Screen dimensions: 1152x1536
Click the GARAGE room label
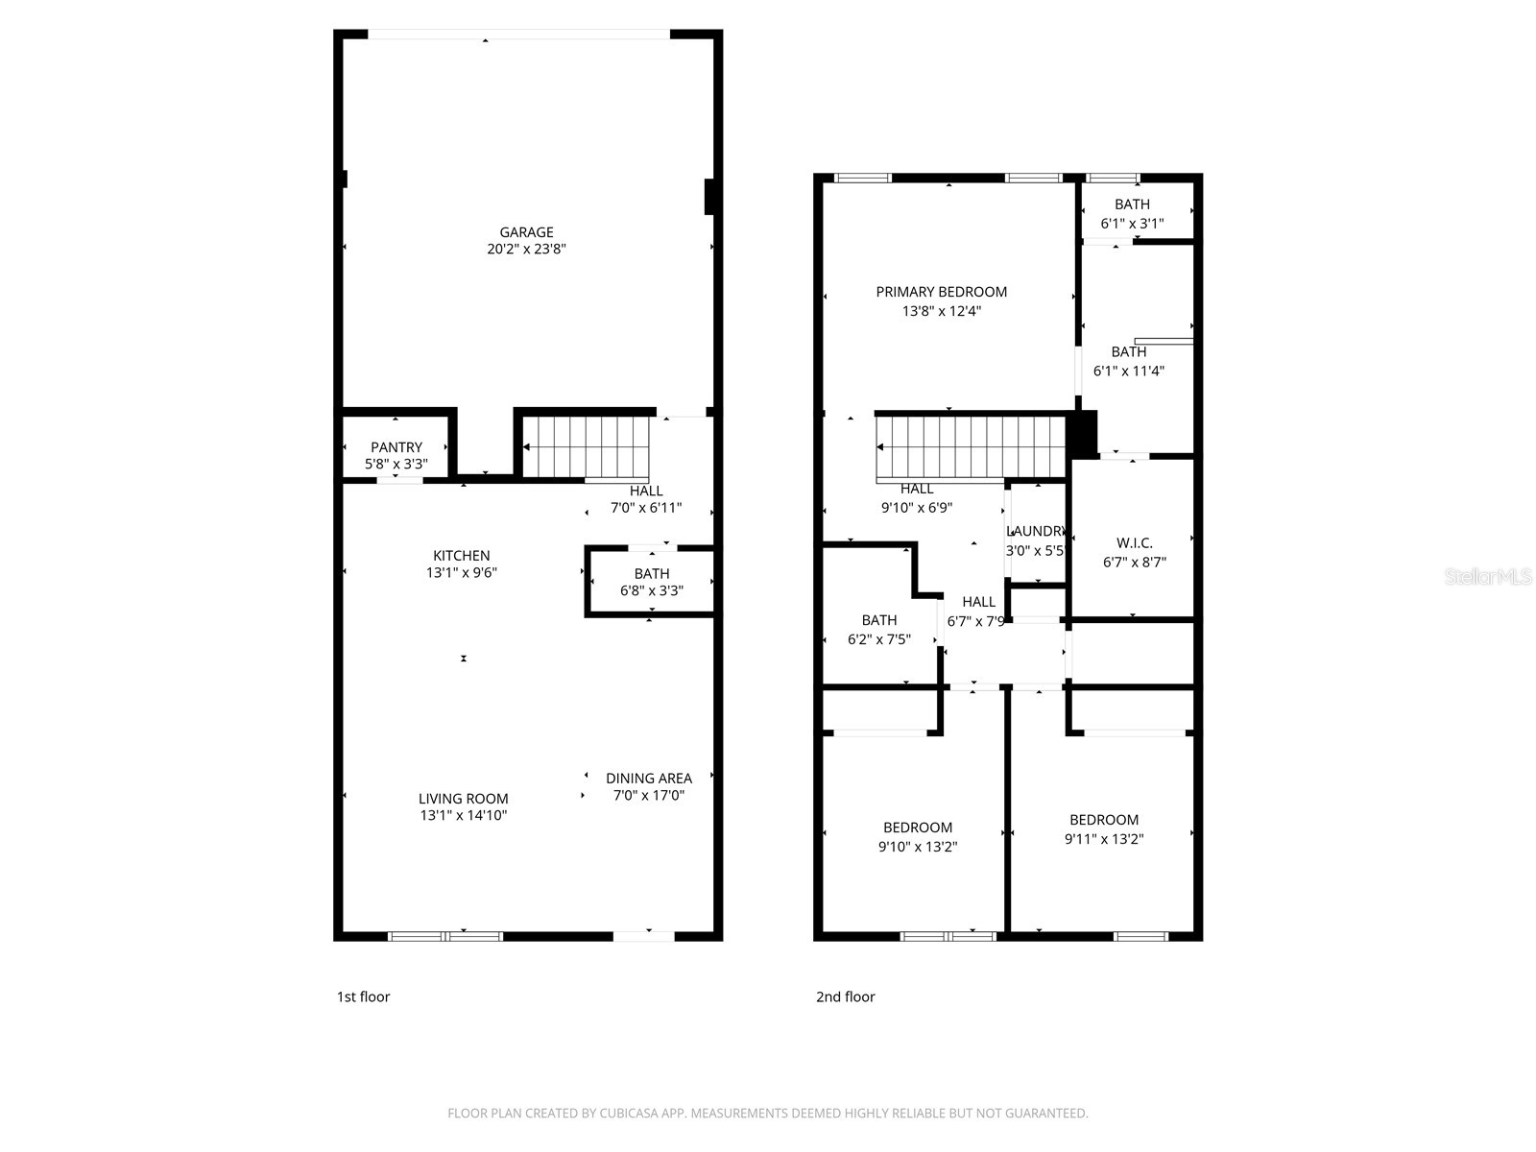tap(526, 232)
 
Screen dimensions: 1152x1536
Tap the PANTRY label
tap(396, 447)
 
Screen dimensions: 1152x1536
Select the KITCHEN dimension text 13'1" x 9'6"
tap(462, 573)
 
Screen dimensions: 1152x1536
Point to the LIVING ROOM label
tap(463, 799)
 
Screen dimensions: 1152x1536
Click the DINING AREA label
tap(648, 779)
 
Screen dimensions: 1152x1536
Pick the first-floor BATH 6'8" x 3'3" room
tap(651, 582)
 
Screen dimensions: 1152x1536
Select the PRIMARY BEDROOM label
tap(941, 292)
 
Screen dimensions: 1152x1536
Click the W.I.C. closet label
tap(1134, 543)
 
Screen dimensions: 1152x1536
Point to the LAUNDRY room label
tap(1036, 532)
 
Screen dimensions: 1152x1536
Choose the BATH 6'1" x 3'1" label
tap(1132, 204)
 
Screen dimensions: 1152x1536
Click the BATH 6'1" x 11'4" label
tap(1128, 352)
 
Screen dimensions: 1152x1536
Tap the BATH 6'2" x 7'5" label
tap(878, 621)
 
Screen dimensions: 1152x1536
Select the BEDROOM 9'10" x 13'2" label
tap(918, 828)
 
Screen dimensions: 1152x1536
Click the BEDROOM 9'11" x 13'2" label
tap(1104, 820)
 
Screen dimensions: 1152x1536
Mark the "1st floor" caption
tap(363, 996)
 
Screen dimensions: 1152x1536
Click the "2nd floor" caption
tap(845, 996)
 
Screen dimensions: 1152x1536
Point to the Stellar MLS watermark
tap(1488, 577)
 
